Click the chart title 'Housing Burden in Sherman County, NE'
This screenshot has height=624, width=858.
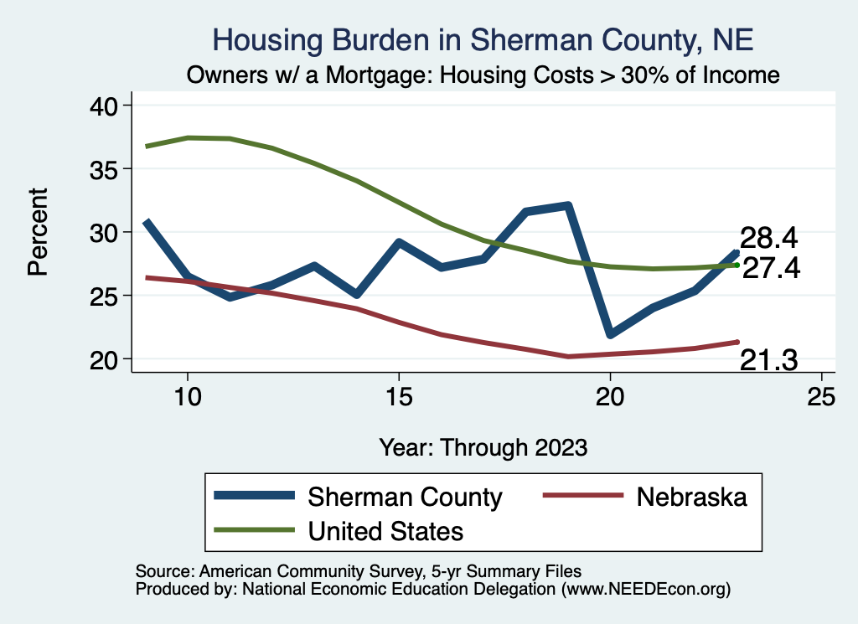pos(483,39)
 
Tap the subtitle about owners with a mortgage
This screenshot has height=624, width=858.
pos(483,75)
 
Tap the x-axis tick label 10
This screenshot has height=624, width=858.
pos(188,397)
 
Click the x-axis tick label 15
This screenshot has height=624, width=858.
pos(399,397)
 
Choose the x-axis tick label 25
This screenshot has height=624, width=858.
pos(821,397)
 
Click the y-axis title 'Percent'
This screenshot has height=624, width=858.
pos(38,232)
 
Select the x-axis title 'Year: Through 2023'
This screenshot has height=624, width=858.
pos(483,446)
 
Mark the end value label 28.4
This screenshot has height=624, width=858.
pos(768,239)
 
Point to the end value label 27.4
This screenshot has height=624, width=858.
pos(771,268)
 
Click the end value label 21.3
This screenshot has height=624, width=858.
pos(768,361)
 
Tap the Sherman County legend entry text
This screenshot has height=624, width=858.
pos(405,497)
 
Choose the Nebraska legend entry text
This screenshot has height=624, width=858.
pos(691,497)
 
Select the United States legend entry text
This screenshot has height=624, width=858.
pos(386,530)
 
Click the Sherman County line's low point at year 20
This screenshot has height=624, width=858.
pos(611,334)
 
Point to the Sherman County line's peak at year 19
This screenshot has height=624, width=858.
pos(568,205)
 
